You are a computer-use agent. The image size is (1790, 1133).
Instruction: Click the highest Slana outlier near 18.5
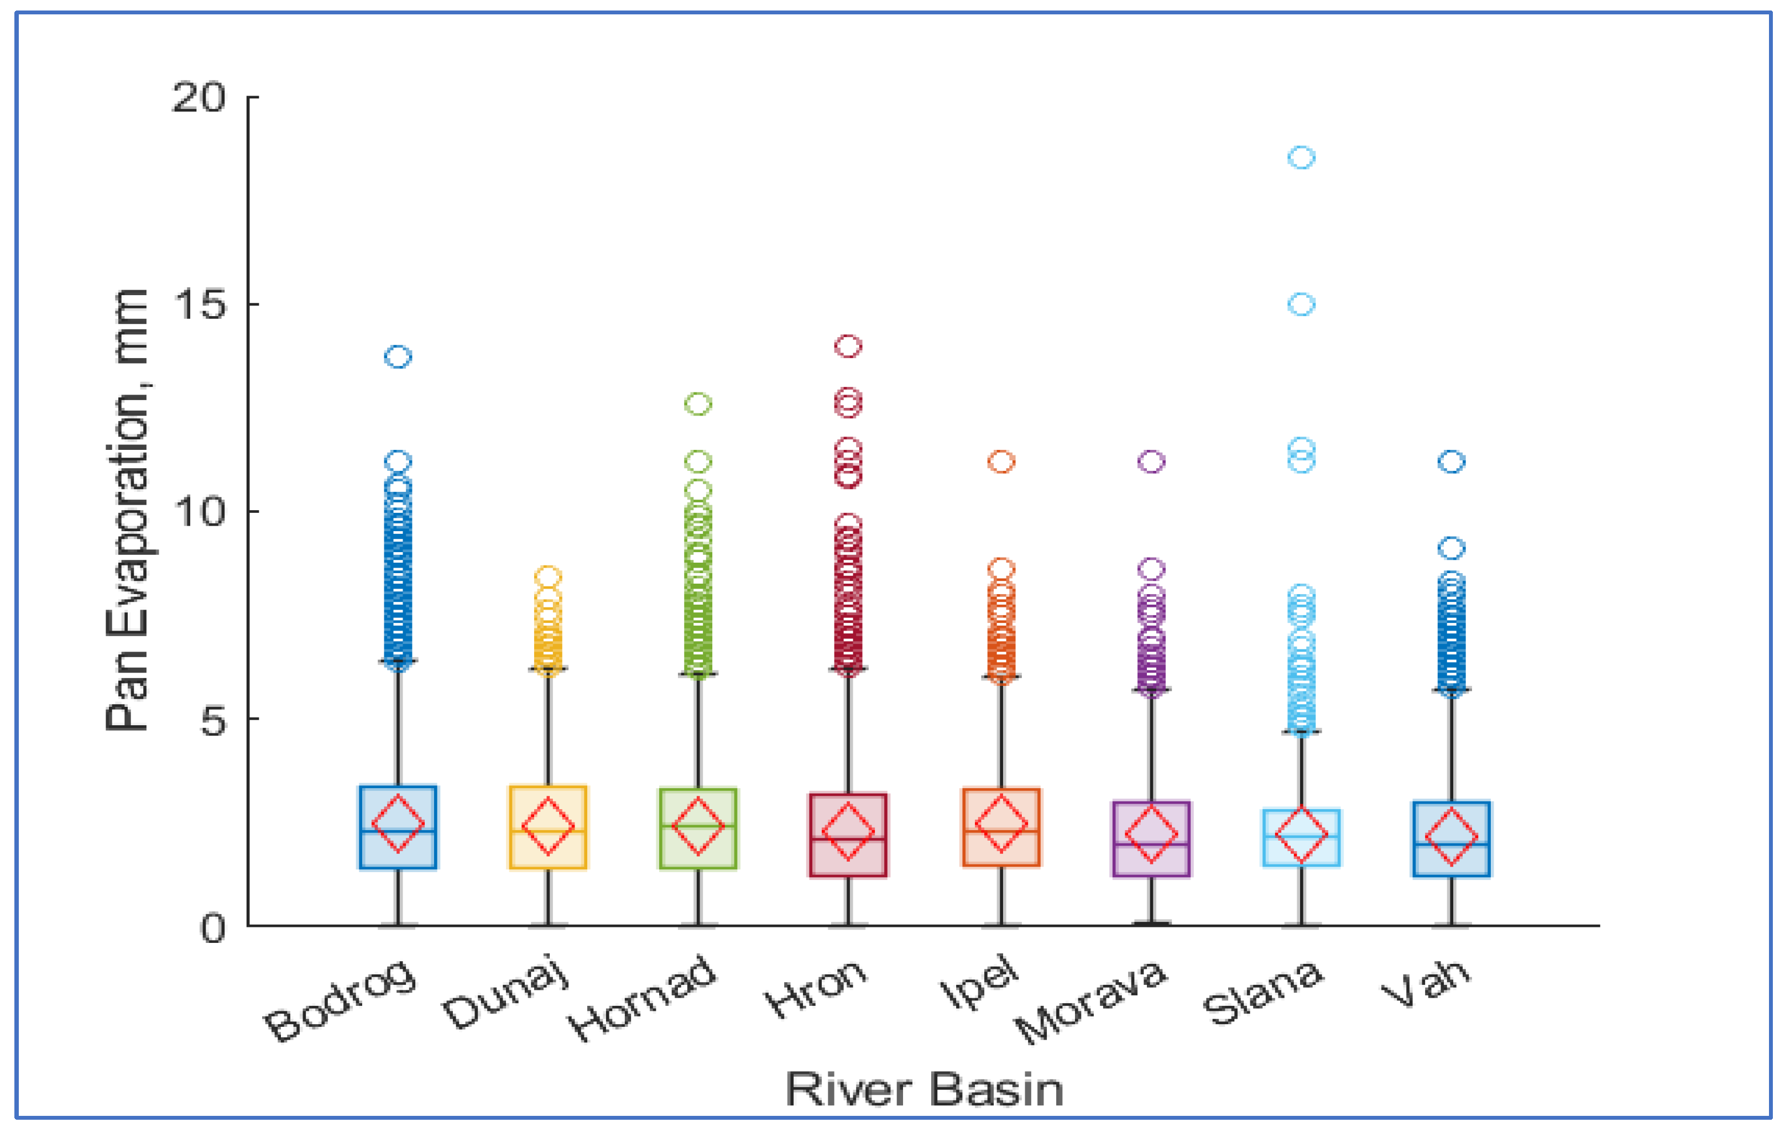coord(1301,158)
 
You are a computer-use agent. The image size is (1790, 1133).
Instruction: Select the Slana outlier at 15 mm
coord(1301,304)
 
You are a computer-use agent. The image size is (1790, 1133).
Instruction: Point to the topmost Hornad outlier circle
coord(698,403)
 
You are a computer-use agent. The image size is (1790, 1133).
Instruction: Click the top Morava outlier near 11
coord(1151,461)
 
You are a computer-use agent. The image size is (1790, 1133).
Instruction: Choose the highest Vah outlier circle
coord(1451,461)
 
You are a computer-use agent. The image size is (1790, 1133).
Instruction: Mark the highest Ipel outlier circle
coord(1000,461)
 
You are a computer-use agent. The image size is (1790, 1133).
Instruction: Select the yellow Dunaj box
coord(548,802)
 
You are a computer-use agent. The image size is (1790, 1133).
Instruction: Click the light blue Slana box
coord(1301,817)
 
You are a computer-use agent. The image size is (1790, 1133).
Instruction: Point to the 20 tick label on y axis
coord(199,97)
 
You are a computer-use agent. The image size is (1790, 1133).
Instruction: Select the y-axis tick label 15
coord(199,304)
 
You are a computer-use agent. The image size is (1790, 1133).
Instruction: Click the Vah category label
coord(1426,983)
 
